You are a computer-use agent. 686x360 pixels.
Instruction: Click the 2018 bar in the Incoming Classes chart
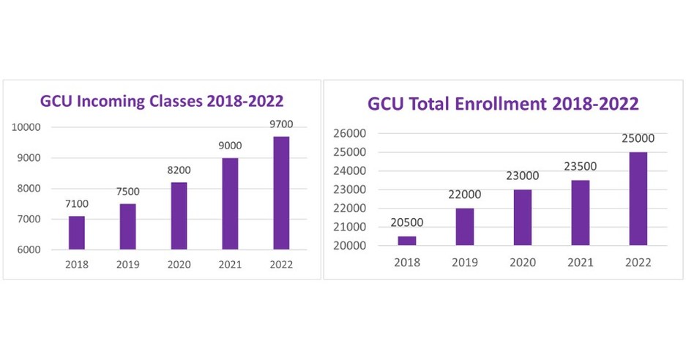(x=77, y=233)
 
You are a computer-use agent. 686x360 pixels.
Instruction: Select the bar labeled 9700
(x=281, y=193)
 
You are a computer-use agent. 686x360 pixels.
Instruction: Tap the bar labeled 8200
(x=179, y=216)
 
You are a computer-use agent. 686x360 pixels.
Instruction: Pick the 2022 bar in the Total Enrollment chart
(x=638, y=198)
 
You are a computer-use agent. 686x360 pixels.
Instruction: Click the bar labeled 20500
(x=407, y=240)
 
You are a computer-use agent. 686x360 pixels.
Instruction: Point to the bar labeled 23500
(x=581, y=212)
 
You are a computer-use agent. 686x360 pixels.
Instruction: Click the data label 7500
(x=128, y=192)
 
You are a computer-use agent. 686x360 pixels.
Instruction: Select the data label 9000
(x=230, y=146)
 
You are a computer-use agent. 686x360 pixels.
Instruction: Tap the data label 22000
(x=465, y=195)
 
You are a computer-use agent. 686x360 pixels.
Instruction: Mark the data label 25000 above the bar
(x=638, y=138)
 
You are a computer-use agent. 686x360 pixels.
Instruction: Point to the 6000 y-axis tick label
(x=29, y=250)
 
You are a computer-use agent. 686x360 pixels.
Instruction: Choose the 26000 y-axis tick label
(x=350, y=134)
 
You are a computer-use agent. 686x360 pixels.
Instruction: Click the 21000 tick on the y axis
(x=350, y=227)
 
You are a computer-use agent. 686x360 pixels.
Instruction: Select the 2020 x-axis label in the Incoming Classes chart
(x=179, y=265)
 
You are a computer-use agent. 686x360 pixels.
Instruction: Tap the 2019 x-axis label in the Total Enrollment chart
(x=465, y=262)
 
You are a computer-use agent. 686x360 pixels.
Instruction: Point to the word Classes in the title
(x=176, y=101)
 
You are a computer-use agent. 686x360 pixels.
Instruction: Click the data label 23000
(x=522, y=176)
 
